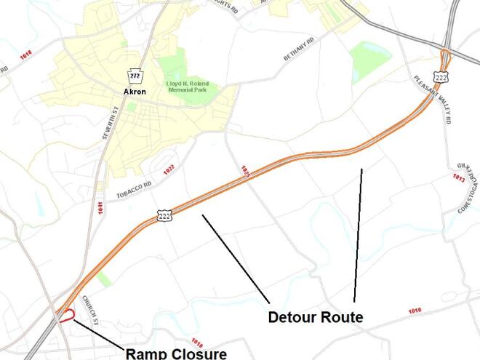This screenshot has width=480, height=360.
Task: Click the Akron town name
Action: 134,92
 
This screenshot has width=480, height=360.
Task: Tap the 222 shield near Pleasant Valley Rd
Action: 441,76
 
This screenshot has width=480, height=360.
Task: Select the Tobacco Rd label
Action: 134,191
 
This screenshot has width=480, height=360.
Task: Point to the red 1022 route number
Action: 169,169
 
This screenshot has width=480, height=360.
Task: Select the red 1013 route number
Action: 458,177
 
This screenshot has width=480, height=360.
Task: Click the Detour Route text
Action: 315,317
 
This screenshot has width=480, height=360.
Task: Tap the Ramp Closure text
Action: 176,353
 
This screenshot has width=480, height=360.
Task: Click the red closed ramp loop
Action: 66,316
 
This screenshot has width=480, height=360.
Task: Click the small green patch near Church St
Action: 104,279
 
